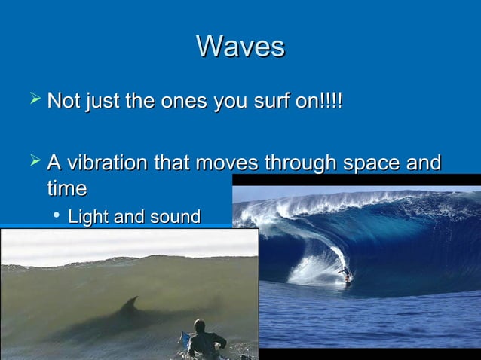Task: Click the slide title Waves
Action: point(240,47)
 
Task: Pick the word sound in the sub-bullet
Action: point(174,218)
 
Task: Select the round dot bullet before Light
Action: point(56,218)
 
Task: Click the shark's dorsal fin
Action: point(131,303)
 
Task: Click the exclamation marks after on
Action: point(332,101)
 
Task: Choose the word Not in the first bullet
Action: point(63,101)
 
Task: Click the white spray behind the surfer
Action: point(313,268)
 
